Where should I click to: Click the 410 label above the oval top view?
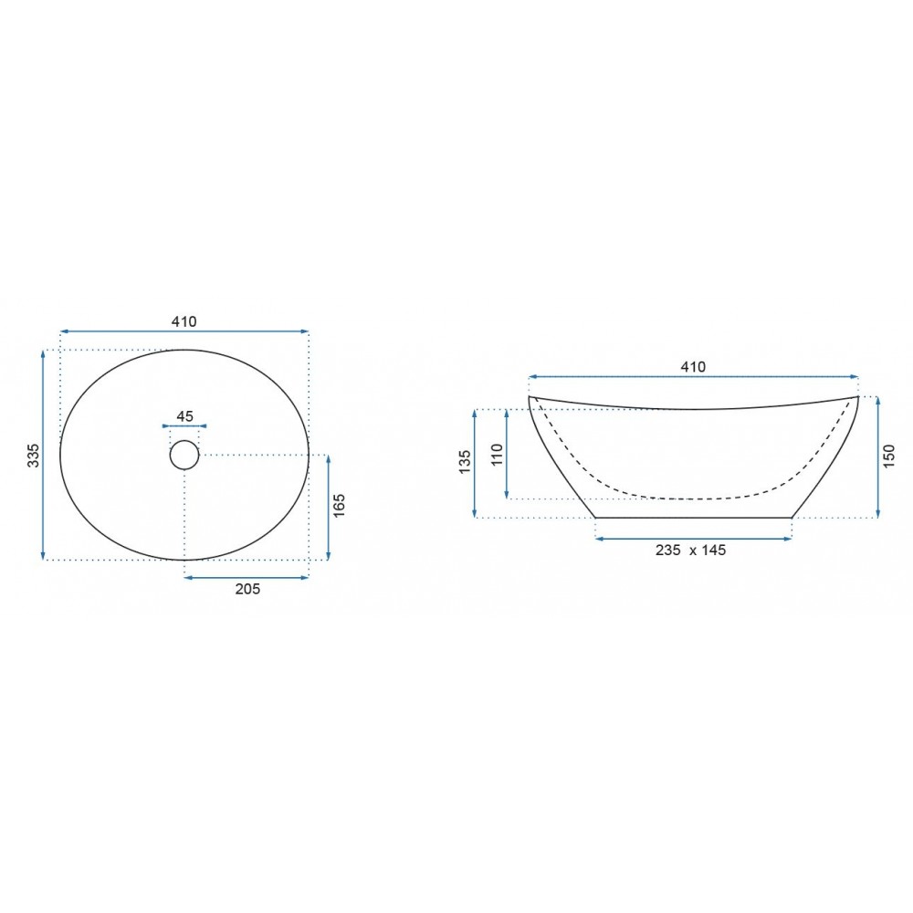(x=184, y=321)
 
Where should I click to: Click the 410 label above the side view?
(x=693, y=367)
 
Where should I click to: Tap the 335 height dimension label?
(x=33, y=456)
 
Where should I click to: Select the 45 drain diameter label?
(x=184, y=416)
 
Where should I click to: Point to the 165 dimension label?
(x=340, y=506)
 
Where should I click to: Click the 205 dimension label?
(x=247, y=589)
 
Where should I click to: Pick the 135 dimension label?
(x=465, y=462)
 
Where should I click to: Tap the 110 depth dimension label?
(x=497, y=454)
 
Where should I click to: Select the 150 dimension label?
(x=889, y=456)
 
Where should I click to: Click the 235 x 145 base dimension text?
(x=690, y=551)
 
